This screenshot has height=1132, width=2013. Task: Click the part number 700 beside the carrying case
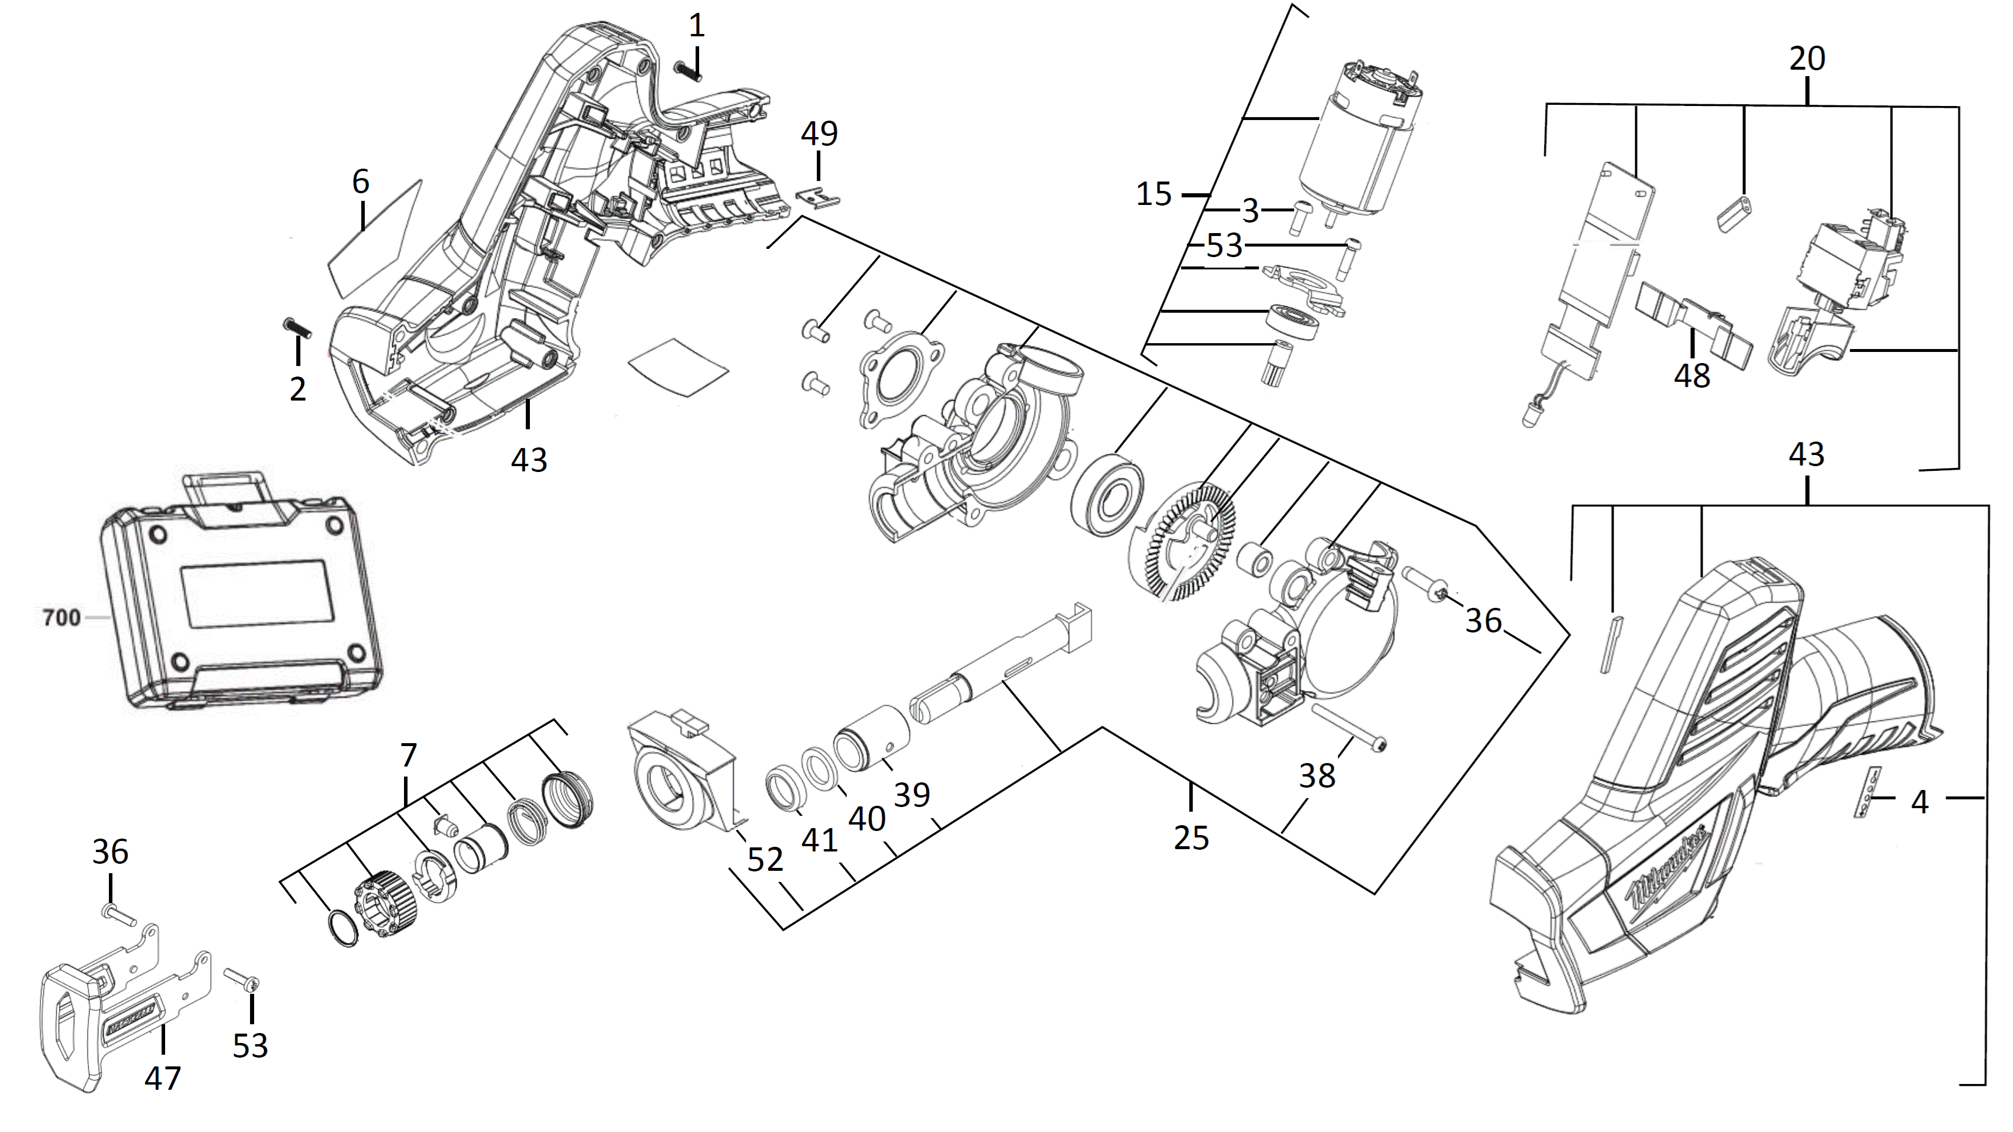[x=61, y=618]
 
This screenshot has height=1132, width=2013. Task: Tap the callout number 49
[x=819, y=134]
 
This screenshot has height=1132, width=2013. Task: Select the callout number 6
[x=360, y=182]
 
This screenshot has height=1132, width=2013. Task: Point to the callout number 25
[x=1191, y=837]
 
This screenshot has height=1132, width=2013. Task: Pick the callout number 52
[x=765, y=860]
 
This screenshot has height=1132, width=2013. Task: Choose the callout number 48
[x=1692, y=376]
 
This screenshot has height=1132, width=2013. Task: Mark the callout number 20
[x=1807, y=59]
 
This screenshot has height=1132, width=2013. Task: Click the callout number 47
[x=163, y=1078]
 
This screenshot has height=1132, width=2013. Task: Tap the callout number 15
[x=1153, y=194]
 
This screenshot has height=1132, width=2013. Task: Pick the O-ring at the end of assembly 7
[x=341, y=928]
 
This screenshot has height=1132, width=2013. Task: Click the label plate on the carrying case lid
[x=253, y=594]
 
